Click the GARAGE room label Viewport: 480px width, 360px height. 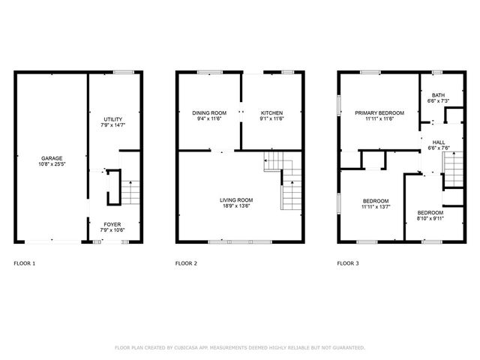tap(52, 158)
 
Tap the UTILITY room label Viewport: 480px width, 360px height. tap(112, 119)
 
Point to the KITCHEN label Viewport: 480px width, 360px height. tap(271, 112)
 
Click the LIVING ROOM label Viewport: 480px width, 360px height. tap(236, 200)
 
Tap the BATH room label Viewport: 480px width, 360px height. tap(437, 95)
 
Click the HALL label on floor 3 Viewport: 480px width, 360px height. tap(438, 142)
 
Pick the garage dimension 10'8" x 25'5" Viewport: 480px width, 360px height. tap(52, 164)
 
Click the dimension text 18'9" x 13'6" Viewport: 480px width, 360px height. tap(236, 206)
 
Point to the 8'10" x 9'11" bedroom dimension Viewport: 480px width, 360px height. tap(430, 219)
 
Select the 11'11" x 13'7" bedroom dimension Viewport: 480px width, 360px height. tap(376, 207)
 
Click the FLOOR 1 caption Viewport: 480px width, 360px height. tap(25, 263)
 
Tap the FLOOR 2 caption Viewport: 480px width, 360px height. tap(186, 263)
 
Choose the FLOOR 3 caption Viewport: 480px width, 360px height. tap(348, 263)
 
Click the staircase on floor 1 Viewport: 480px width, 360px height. tap(130, 192)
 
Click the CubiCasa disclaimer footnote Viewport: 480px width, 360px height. tap(239, 347)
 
